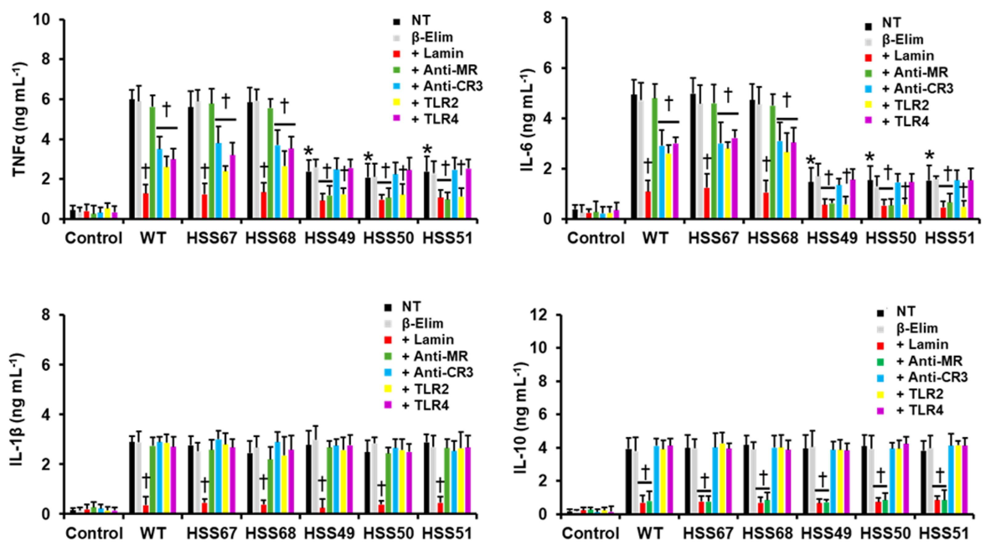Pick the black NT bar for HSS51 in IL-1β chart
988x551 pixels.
point(426,478)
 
